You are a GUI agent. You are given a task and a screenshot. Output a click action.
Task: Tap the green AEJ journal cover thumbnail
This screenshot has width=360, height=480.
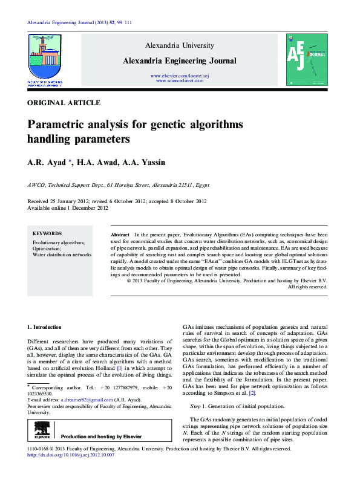[x=306, y=59]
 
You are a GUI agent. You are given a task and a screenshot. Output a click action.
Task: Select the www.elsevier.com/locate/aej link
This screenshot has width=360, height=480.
[x=180, y=75]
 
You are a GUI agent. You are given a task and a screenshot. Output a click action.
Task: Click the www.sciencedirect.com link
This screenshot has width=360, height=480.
[x=180, y=80]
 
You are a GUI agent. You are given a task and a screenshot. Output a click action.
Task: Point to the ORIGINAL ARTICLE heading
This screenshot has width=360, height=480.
[x=64, y=103]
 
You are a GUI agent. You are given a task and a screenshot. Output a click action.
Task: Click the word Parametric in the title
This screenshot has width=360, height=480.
[x=56, y=125]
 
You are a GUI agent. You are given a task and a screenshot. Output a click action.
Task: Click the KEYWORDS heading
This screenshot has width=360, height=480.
[x=47, y=233]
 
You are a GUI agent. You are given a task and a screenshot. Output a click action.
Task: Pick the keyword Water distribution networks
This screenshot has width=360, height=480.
[x=62, y=255]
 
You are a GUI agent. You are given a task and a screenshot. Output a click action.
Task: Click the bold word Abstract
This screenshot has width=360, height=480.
[x=120, y=234]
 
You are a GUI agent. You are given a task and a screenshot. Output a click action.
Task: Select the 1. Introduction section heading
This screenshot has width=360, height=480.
[x=45, y=326]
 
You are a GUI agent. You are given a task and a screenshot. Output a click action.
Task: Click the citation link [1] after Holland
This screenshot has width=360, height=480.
[x=120, y=368]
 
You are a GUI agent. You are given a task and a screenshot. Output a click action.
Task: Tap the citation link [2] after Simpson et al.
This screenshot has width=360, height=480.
[x=252, y=394]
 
